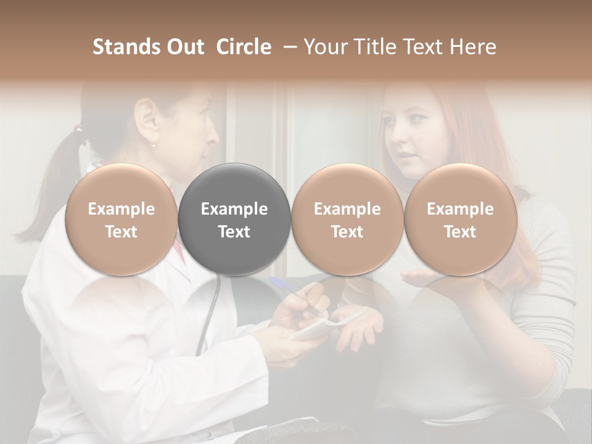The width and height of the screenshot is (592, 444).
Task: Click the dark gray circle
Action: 234,219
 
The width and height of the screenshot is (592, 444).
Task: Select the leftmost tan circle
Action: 121,219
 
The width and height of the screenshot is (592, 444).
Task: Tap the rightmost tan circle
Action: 460,219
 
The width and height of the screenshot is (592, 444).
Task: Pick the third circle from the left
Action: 347,219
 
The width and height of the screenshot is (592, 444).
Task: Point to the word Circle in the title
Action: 244,47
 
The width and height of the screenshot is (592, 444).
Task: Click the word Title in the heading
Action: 377,47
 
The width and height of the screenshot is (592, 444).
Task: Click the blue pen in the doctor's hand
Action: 290,294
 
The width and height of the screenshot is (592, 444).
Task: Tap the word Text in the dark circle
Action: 234,232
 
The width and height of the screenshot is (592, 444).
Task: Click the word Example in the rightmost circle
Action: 460,209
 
